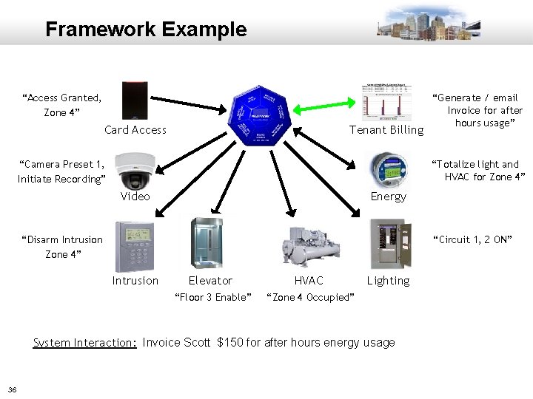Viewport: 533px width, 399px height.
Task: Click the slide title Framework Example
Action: [146, 30]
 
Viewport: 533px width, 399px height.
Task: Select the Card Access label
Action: [135, 130]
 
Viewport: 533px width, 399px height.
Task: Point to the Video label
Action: [135, 197]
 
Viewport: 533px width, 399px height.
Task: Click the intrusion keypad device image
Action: [135, 247]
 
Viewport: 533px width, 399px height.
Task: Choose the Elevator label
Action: [210, 281]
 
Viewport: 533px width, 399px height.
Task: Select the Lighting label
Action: [388, 281]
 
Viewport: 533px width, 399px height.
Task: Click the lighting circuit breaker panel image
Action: [389, 244]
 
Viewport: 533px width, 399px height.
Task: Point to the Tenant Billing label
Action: [386, 130]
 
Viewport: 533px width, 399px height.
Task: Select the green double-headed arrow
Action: [326, 109]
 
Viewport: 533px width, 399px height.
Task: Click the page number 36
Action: [13, 389]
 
